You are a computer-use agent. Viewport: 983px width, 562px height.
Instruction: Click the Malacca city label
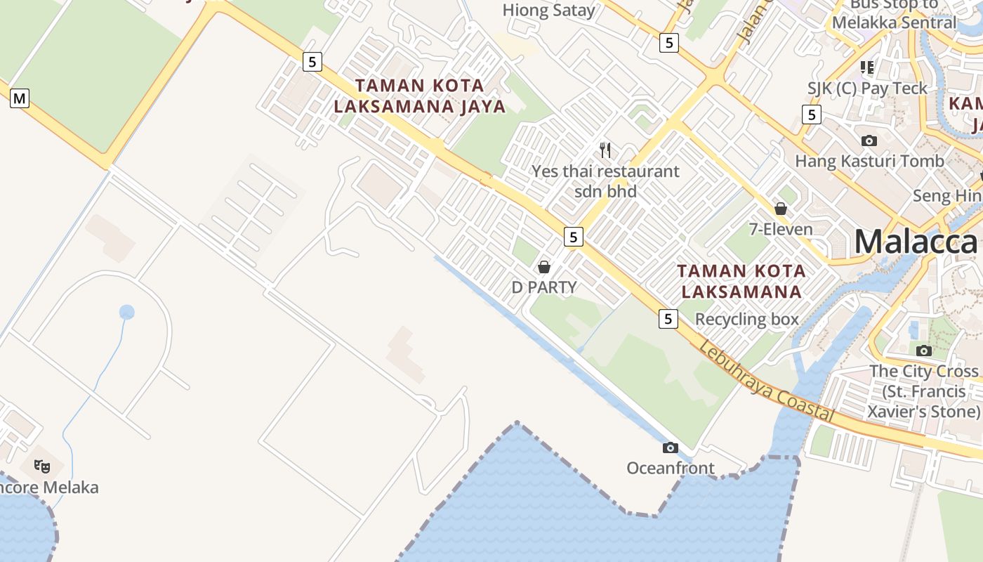(x=916, y=242)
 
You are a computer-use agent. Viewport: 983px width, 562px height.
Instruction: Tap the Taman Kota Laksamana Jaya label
(x=419, y=96)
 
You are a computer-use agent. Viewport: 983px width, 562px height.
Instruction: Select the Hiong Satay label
(x=548, y=10)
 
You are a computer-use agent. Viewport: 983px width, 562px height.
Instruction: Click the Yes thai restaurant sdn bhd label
(x=605, y=181)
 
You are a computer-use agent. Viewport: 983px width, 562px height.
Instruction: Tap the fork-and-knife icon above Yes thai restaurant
(x=605, y=150)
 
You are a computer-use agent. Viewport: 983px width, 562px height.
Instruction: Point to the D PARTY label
(x=544, y=287)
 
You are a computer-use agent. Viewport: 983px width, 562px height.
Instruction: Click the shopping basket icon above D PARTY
(x=544, y=267)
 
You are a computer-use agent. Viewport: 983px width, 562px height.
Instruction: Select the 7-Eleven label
(x=781, y=229)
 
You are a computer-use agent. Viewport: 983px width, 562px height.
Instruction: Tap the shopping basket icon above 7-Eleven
(x=781, y=209)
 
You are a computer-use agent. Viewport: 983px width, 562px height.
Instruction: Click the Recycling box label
(x=747, y=319)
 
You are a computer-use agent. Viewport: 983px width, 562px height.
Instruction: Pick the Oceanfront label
(x=671, y=468)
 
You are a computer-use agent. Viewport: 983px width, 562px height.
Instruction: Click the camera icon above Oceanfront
(x=671, y=447)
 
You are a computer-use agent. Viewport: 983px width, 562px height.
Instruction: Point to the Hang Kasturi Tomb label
(x=869, y=161)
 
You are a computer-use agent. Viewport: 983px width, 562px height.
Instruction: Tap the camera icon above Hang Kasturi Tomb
(x=869, y=140)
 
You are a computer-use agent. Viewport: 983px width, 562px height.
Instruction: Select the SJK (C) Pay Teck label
(x=867, y=89)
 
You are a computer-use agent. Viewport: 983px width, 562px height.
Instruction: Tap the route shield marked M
(x=20, y=98)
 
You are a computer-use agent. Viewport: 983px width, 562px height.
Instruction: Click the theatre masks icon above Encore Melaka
(x=43, y=466)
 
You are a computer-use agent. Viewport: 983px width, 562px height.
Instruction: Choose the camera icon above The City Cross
(x=924, y=351)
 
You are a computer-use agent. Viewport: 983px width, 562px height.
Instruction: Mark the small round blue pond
(x=126, y=312)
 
